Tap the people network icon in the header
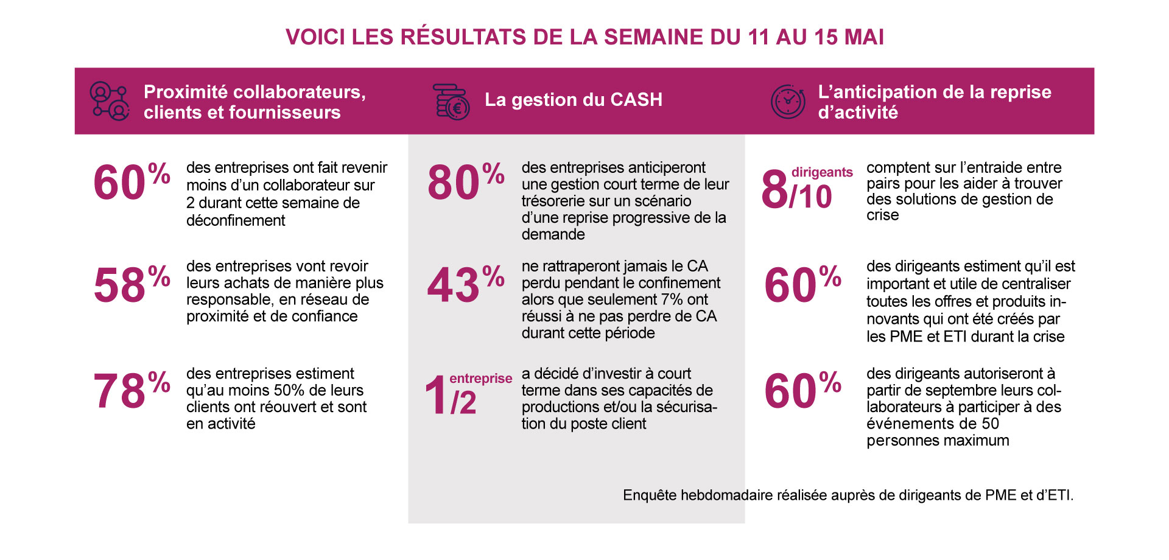(x=109, y=101)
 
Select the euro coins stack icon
(x=451, y=102)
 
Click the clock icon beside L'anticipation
(x=788, y=102)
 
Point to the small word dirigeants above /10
(x=822, y=172)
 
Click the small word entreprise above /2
(x=480, y=379)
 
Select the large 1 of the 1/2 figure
(x=436, y=396)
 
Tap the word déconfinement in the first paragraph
(x=236, y=221)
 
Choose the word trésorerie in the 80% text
(x=557, y=201)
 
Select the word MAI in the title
(x=864, y=37)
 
